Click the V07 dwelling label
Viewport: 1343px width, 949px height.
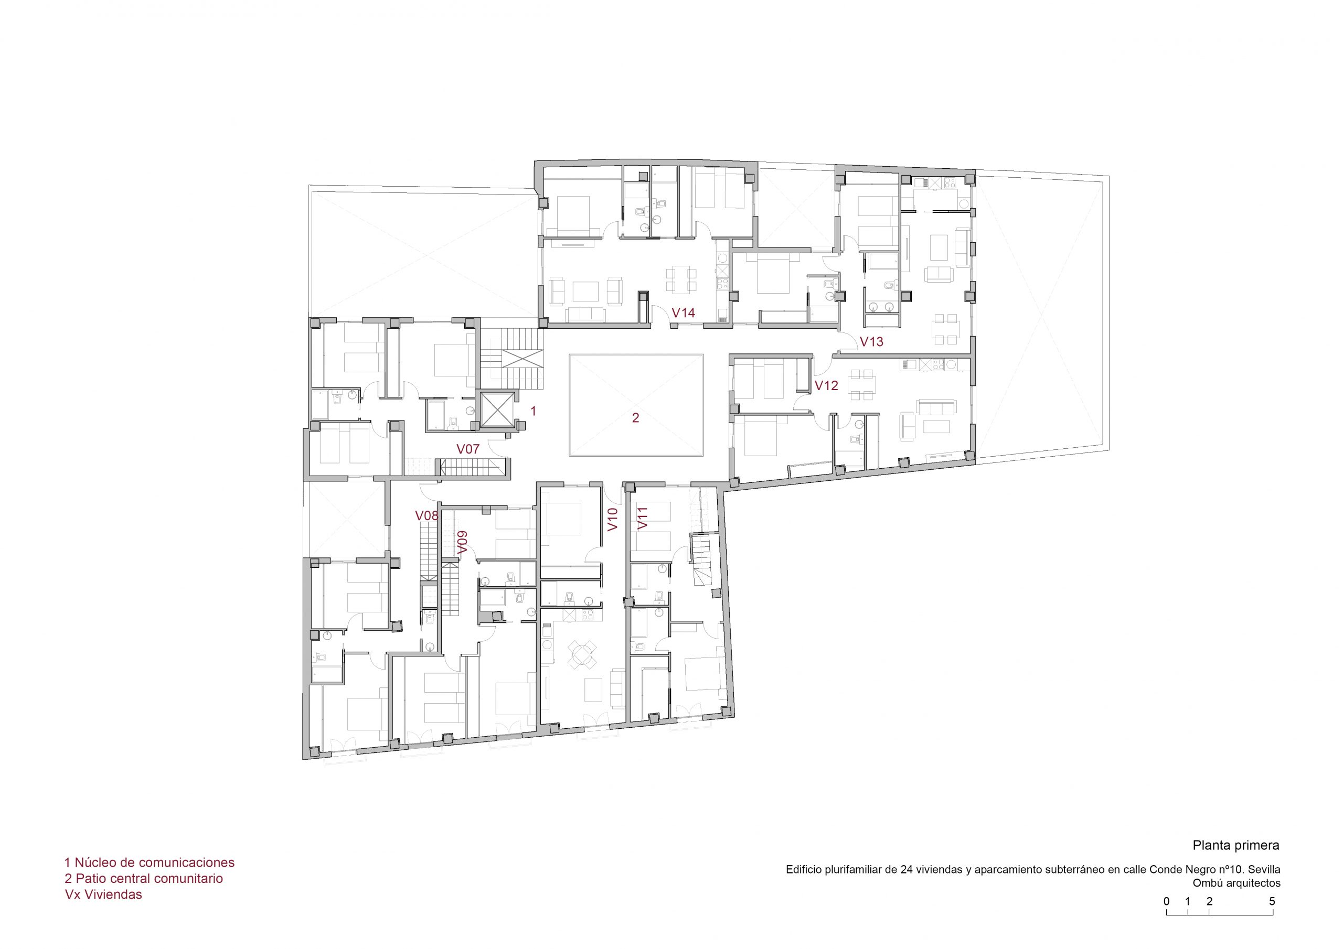click(x=468, y=449)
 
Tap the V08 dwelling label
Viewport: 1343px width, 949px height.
click(x=427, y=516)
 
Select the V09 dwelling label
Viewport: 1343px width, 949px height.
click(x=463, y=542)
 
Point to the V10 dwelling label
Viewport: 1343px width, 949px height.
click(x=612, y=519)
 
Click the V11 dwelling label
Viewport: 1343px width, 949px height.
click(x=643, y=519)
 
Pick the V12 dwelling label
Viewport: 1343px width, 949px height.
click(x=826, y=386)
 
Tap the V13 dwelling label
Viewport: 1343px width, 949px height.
click(x=871, y=342)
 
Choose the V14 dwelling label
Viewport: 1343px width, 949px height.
click(x=683, y=313)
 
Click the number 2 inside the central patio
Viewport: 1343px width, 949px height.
click(x=635, y=418)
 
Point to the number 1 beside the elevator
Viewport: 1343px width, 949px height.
click(x=533, y=411)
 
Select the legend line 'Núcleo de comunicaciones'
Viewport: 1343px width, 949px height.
click(x=149, y=862)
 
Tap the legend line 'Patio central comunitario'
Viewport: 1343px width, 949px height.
click(x=144, y=878)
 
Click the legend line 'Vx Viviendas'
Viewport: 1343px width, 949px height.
click(x=103, y=894)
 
